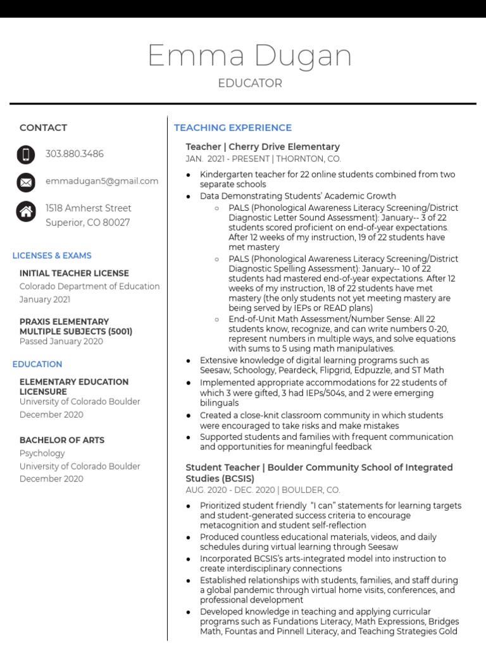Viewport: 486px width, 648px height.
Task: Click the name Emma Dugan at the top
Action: click(x=249, y=56)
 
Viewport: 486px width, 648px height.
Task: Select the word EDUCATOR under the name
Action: click(x=249, y=84)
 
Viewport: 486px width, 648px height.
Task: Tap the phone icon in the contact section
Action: click(x=26, y=154)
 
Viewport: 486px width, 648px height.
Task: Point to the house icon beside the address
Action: click(x=26, y=211)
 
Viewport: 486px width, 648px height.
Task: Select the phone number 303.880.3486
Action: click(x=75, y=154)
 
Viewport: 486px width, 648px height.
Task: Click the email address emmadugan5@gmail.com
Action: click(x=102, y=181)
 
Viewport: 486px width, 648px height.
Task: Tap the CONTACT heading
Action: click(x=43, y=128)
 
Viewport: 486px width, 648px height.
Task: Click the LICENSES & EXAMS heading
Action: click(x=52, y=256)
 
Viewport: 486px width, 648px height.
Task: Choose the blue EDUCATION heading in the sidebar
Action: click(x=37, y=364)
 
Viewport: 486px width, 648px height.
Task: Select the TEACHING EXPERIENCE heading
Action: click(x=233, y=128)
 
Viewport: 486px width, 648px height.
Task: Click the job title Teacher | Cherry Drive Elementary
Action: click(x=263, y=147)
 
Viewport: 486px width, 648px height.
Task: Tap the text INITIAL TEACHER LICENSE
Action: click(x=74, y=273)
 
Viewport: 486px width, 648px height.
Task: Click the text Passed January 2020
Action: click(x=61, y=342)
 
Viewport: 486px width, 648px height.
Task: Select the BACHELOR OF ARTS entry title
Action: click(x=62, y=440)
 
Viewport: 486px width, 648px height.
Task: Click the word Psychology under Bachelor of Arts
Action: click(x=42, y=453)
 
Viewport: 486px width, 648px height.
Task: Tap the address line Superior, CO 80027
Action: click(x=88, y=223)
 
